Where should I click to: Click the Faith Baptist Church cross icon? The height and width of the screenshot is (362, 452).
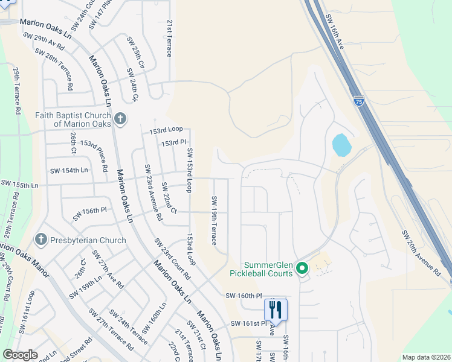(120, 118)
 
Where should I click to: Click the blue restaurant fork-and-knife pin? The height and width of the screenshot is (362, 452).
(275, 310)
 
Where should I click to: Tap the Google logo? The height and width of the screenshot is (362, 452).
(20, 355)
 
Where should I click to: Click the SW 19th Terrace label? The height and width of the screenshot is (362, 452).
(214, 220)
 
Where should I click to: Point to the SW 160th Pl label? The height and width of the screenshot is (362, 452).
(244, 296)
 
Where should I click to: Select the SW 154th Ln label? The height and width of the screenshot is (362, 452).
(71, 171)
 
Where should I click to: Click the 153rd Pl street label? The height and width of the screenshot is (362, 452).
(173, 143)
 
